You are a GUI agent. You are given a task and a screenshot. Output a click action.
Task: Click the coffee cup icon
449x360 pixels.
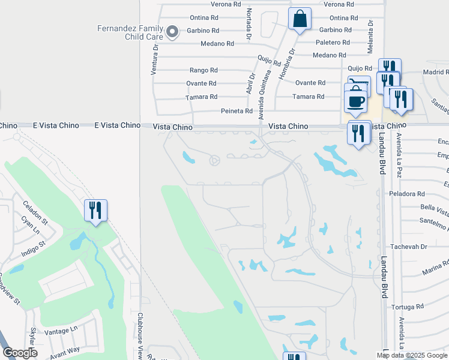(x=356, y=99)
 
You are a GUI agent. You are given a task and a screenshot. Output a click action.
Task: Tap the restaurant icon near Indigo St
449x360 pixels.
(x=95, y=211)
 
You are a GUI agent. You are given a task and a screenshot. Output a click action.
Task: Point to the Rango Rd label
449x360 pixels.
(x=203, y=70)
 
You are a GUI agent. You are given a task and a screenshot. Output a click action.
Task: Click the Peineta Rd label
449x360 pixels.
(x=237, y=111)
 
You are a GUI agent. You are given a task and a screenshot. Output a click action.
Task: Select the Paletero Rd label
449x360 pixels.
(x=333, y=43)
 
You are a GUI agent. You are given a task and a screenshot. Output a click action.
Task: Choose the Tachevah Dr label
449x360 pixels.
(x=408, y=247)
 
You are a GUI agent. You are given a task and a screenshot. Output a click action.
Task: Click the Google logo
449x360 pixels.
(x=20, y=353)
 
